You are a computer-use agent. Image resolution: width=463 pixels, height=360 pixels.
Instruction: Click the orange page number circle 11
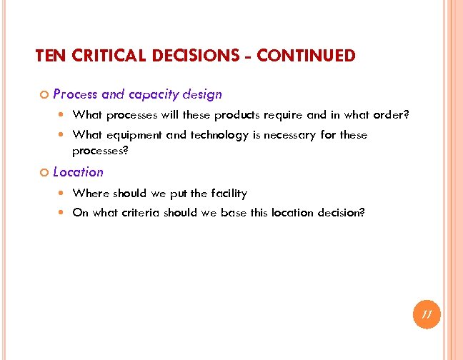click(x=427, y=314)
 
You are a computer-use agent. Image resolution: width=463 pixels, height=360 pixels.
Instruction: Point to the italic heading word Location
click(x=78, y=172)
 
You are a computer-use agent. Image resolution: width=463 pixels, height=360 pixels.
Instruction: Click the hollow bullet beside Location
click(x=43, y=173)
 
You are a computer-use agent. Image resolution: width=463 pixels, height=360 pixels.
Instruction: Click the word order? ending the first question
click(x=392, y=114)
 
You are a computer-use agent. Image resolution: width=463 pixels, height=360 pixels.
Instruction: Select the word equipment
click(x=136, y=135)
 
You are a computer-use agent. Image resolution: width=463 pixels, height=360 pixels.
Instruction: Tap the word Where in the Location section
click(x=88, y=193)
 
